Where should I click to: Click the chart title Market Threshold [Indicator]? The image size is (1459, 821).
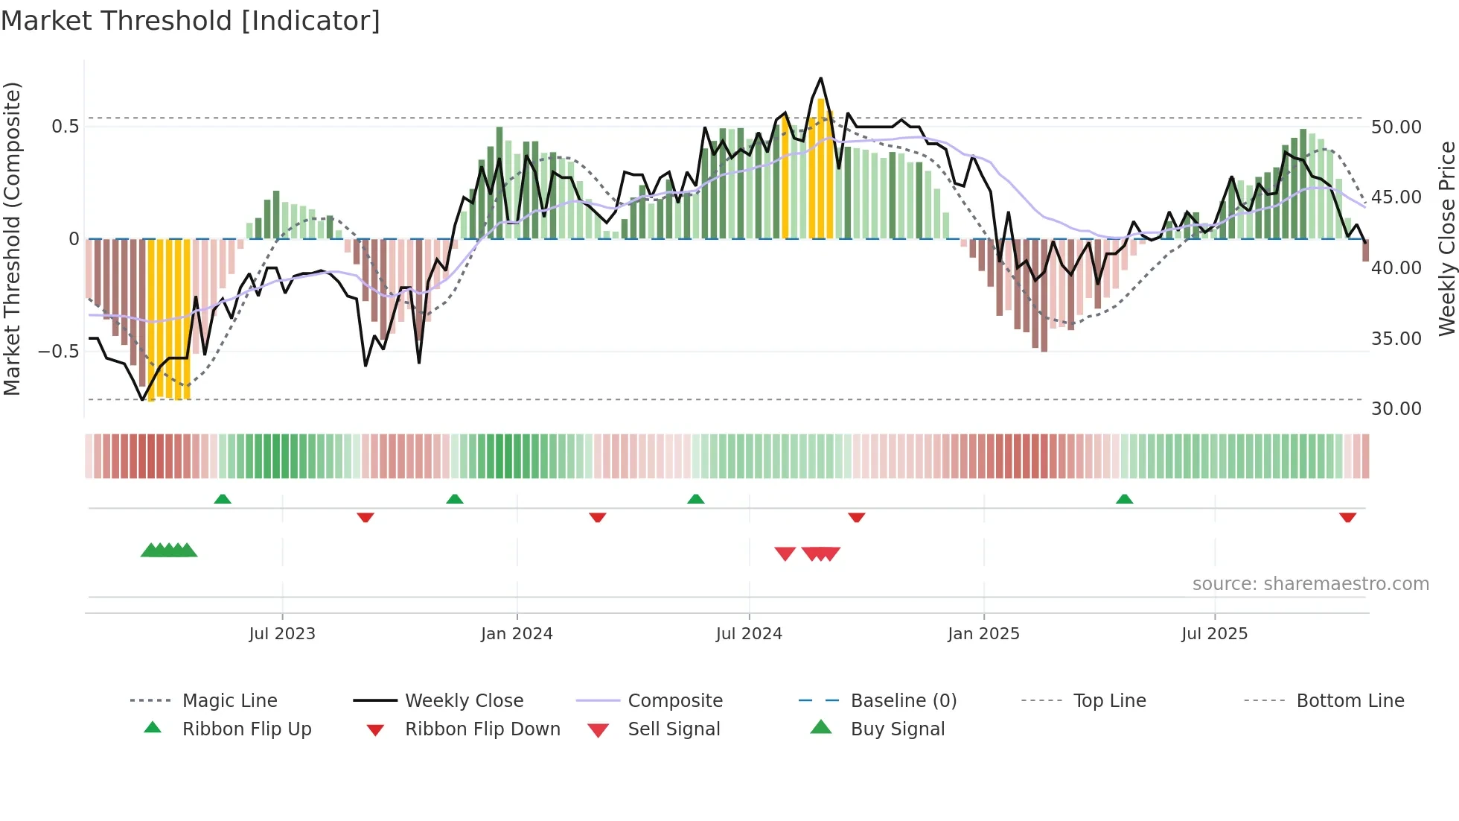191,21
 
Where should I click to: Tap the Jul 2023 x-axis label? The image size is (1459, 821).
282,634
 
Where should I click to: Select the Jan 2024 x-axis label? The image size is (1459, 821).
517,634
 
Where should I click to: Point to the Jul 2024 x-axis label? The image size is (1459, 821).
749,634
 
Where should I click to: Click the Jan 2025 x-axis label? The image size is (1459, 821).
983,634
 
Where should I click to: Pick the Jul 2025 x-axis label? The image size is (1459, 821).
1214,634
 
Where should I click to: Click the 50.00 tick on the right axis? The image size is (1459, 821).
1396,127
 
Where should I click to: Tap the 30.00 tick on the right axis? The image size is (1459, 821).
1396,409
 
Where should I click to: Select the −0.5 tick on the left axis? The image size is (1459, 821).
58,351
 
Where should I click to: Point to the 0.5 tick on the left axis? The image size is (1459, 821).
65,127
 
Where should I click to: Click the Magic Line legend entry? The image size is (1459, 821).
229,701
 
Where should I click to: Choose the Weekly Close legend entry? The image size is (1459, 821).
464,701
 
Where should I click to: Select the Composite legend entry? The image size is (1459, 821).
674,701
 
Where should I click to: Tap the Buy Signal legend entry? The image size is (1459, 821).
897,729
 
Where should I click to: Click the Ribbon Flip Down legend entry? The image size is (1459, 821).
482,729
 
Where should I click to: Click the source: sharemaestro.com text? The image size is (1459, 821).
1310,584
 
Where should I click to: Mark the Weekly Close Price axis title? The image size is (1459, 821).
1446,238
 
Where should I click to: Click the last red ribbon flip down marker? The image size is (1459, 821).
1347,517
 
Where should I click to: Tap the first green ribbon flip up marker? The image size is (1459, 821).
223,499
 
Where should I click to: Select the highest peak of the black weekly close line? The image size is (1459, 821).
820,78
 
